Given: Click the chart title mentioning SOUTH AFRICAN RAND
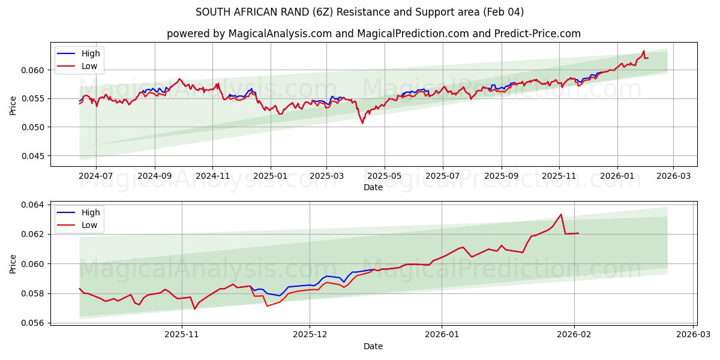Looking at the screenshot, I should coord(360,12).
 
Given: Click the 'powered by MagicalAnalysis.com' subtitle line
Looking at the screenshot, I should coord(373,34).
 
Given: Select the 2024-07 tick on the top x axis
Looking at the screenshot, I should coord(96,176).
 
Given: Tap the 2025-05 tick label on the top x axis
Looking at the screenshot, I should coord(384,176).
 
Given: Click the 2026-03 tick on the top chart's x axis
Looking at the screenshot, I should coord(673,176).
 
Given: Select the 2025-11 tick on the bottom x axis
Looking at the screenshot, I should coord(181,334).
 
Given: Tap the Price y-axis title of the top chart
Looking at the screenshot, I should coord(13,104).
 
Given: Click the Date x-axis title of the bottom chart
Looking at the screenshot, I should coord(373,346).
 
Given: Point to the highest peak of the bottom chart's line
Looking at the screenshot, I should coord(561,214).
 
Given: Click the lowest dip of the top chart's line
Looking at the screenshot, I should coord(362,124).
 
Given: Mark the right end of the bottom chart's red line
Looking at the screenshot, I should coord(578,233).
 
